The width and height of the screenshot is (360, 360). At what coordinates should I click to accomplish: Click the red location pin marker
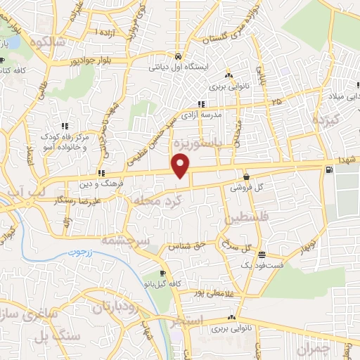[x=181, y=166]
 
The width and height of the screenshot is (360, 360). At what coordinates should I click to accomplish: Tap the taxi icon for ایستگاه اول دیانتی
[x=178, y=56]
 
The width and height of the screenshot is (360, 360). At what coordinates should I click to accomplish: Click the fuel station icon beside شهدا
[x=328, y=170]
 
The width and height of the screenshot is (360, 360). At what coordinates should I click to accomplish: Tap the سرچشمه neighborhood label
[x=122, y=239]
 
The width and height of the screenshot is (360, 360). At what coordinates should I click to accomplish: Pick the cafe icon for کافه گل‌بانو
[x=162, y=273]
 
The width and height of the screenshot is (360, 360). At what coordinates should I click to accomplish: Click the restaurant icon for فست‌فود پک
[x=262, y=255]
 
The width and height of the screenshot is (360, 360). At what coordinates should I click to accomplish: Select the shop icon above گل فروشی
[x=246, y=177]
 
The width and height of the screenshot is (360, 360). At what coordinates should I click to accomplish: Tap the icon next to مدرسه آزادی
[x=202, y=104]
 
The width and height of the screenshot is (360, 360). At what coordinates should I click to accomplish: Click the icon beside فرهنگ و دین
[x=102, y=172]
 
